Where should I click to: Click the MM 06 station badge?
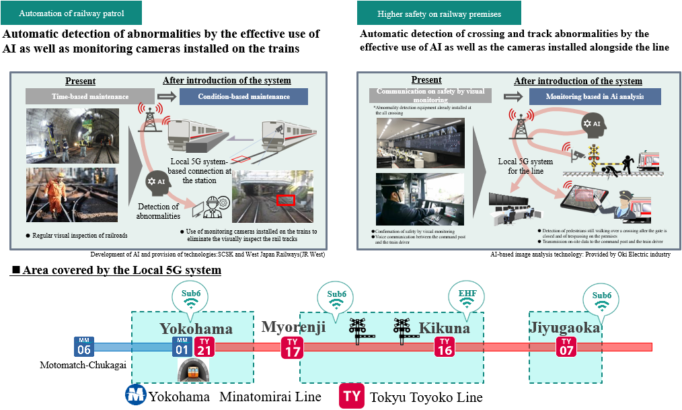point(84,346)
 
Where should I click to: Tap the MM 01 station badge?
point(182,346)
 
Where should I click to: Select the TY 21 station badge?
point(204,346)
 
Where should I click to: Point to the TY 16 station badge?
point(444,346)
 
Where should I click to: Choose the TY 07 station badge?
point(566,346)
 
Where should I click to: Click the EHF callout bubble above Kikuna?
point(467,298)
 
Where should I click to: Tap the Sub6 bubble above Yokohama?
point(191,298)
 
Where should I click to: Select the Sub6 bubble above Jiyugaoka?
point(601,299)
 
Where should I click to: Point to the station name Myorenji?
point(293,327)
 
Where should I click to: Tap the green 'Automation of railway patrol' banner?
point(71,13)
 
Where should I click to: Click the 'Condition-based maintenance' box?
point(243,96)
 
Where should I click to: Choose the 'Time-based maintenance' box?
point(86,96)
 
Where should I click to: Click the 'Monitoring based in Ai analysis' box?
point(595,96)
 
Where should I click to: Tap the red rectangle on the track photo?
point(286,200)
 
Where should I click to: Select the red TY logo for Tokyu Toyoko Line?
point(351,396)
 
